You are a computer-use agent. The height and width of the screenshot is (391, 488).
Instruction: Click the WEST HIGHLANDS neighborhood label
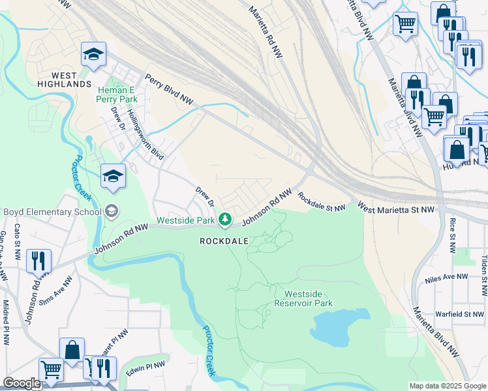point(64,79)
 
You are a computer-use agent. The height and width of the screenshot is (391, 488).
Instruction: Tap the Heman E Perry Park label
point(117,94)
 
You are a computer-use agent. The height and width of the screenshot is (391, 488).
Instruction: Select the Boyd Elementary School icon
point(113,210)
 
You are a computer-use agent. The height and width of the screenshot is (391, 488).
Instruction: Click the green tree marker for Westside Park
point(225,218)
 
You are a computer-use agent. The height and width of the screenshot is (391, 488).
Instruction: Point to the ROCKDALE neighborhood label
point(224,241)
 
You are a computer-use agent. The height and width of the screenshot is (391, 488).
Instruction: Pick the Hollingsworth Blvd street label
point(145,134)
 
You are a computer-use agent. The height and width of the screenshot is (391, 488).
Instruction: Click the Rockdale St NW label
point(321,201)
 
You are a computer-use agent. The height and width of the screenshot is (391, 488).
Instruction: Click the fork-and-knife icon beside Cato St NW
point(38,261)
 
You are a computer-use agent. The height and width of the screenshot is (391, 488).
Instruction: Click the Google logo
point(22,383)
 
